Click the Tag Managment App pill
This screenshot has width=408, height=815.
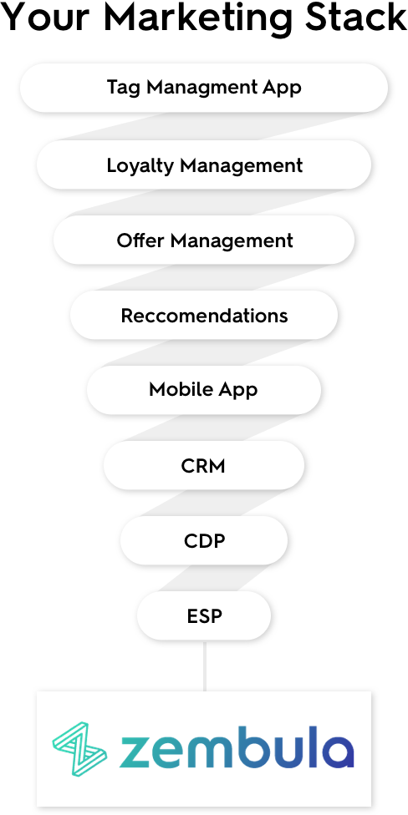pos(204,88)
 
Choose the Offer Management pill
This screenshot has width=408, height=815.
pos(204,240)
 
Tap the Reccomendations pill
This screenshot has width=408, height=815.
pos(204,316)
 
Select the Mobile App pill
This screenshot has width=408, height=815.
pos(204,390)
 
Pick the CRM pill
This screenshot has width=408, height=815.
pos(204,465)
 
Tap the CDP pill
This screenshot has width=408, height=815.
pos(204,540)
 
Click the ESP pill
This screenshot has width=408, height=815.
pos(204,615)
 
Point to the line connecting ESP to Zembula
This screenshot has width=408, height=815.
pos(205,666)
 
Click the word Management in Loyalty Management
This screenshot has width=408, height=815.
pos(242,166)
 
